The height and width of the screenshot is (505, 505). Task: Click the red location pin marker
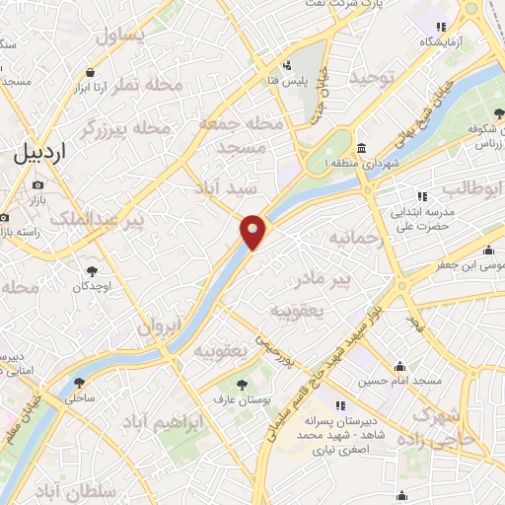pos(253,232)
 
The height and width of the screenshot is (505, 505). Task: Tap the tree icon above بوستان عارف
pos(241,383)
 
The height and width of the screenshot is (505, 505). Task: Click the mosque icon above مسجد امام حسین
pos(400,366)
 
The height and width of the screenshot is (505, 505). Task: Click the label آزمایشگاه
pos(449,41)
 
